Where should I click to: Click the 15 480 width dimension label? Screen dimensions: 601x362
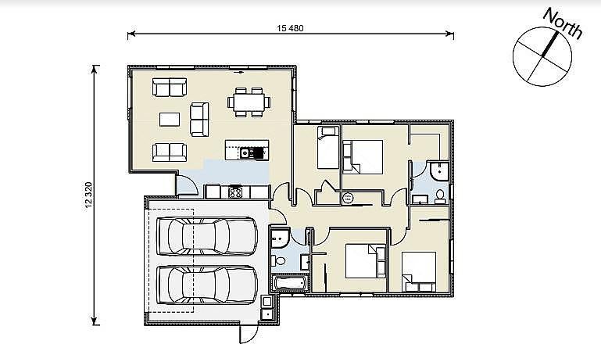coord(290,28)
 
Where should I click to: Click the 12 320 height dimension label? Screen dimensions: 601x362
coord(88,196)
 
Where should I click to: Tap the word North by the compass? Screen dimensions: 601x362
coord(563,23)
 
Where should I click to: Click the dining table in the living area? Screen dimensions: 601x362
coord(249,102)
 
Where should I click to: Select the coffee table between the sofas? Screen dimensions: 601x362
coord(170,120)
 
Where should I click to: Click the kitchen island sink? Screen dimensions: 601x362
coord(245,153)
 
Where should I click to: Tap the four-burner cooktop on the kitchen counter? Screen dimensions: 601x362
coord(235,192)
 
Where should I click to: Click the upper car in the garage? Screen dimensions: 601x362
coord(207,236)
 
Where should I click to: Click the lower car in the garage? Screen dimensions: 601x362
coord(207,285)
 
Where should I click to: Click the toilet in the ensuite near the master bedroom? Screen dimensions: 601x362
coord(440,196)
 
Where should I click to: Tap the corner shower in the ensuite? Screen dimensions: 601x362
coord(438,171)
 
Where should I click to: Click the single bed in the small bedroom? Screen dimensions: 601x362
coord(328,148)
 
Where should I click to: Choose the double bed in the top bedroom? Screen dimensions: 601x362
coord(363,156)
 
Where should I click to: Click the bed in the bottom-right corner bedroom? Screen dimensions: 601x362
coord(419,271)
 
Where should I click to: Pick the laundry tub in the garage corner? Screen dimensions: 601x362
coord(267,307)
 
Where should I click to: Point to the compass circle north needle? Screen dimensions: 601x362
coord(550,45)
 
